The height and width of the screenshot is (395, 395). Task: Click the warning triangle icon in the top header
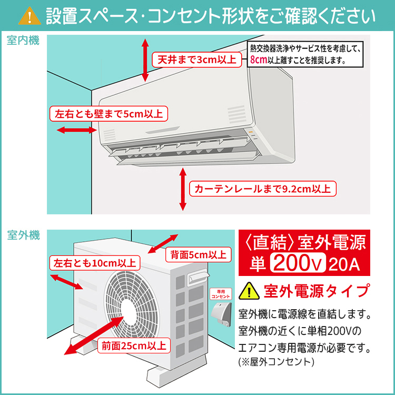click(30, 16)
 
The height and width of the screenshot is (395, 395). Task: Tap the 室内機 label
click(23, 41)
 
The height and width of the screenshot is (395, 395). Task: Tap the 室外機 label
click(23, 235)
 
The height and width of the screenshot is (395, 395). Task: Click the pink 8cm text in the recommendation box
click(259, 60)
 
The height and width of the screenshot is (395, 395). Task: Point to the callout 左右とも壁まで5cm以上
click(108, 113)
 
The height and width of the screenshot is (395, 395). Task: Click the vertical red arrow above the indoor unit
click(146, 60)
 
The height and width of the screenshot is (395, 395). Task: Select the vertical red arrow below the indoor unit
click(183, 189)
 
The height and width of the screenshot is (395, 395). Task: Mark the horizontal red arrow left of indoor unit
click(68, 129)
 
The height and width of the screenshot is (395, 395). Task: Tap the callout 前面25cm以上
click(133, 345)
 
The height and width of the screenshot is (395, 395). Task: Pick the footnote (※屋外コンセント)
click(276, 362)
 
